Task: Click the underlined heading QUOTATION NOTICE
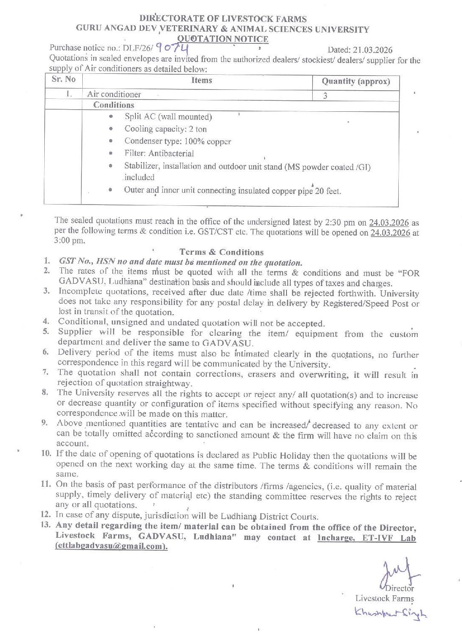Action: (x=222, y=39)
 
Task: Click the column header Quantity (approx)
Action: (x=356, y=81)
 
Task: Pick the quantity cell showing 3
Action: (x=325, y=96)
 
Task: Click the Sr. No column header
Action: (x=64, y=79)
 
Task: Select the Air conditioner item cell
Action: (x=114, y=94)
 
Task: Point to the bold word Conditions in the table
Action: (x=113, y=105)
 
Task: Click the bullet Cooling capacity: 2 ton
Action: (x=165, y=129)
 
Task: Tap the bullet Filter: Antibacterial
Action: (x=159, y=154)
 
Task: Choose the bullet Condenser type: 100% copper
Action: (x=178, y=141)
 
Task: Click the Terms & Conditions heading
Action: (x=222, y=252)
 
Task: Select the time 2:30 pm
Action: (x=340, y=222)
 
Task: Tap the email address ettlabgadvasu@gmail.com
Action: (x=111, y=546)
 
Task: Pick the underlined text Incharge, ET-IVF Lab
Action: (x=367, y=538)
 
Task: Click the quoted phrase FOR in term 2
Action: (x=409, y=273)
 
